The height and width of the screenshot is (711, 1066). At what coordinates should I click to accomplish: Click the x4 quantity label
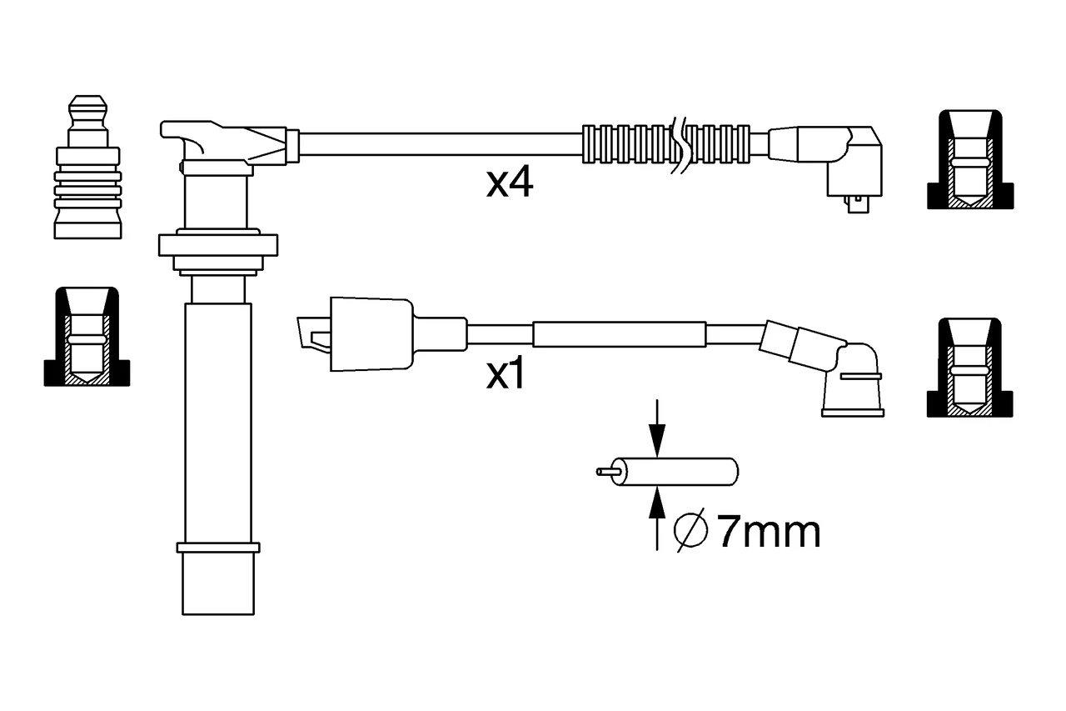click(x=509, y=184)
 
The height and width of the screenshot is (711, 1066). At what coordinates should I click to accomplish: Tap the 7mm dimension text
click(x=770, y=532)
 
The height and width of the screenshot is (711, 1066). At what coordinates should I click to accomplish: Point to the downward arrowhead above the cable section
click(x=657, y=440)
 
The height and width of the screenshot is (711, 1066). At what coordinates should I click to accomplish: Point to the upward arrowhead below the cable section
click(x=657, y=503)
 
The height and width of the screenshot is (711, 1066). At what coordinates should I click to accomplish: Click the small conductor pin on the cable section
click(x=608, y=472)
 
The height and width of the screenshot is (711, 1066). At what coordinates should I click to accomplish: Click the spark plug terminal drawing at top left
click(x=87, y=167)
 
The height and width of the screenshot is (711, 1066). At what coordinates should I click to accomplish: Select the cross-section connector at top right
click(x=970, y=159)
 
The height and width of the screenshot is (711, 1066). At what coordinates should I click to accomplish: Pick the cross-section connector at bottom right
click(x=970, y=368)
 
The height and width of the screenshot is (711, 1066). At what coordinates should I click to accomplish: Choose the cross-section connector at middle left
click(x=87, y=337)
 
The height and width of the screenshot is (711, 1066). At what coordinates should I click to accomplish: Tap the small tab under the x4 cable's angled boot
click(x=858, y=204)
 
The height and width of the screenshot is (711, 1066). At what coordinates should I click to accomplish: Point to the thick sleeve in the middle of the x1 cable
click(x=619, y=334)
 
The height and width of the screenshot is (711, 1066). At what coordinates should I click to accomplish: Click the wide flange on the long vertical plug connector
click(x=218, y=245)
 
